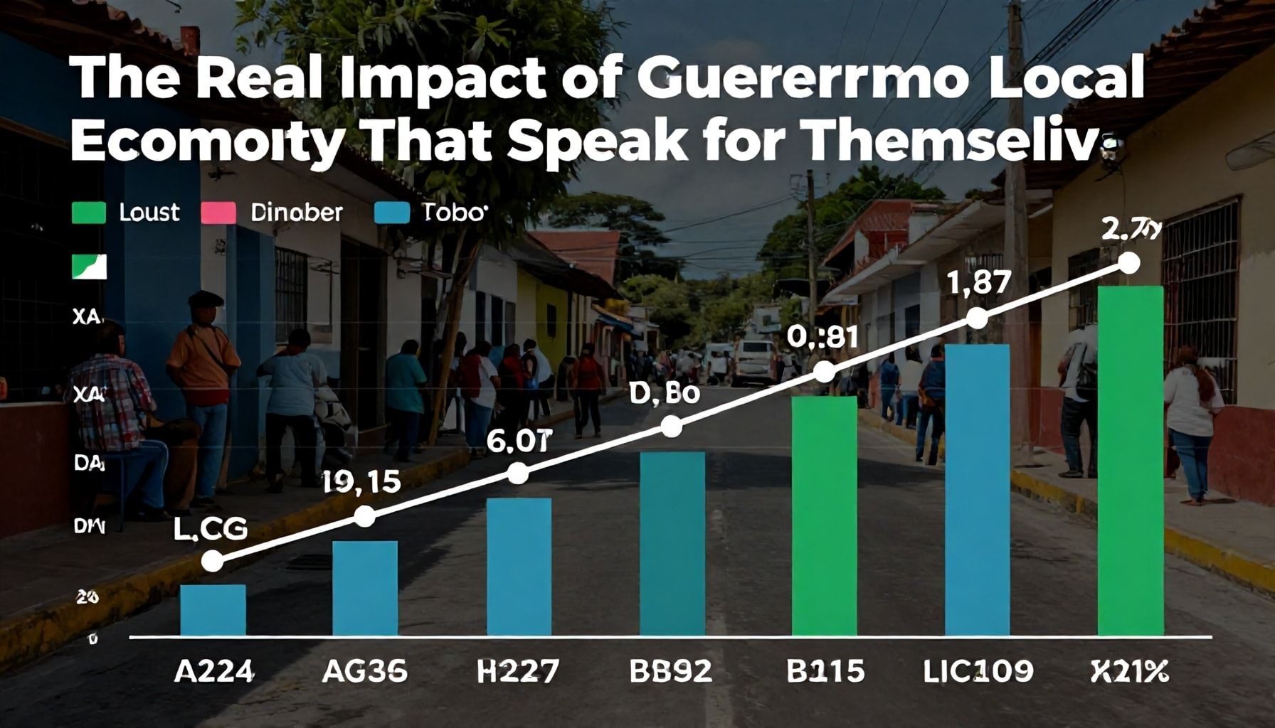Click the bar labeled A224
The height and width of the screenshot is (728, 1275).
pos(213,609)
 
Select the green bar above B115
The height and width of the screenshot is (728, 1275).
pos(824,515)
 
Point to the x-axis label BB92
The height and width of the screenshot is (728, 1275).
pos(670,670)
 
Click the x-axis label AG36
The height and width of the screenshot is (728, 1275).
pos(364,670)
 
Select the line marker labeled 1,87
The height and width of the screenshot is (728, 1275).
pos(978,318)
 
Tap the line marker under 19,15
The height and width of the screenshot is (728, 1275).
pos(364,516)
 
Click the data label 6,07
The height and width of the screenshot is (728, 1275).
pos(519,442)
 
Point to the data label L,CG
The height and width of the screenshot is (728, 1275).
pos(210,528)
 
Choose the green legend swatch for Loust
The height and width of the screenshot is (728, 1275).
pos(89,213)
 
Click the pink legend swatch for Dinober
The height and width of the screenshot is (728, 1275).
pos(218,213)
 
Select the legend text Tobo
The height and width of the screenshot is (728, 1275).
pos(455,212)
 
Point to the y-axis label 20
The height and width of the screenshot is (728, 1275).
pos(87,598)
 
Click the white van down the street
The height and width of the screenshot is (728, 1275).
pos(754,360)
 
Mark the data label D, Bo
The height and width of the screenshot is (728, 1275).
pos(665,395)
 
